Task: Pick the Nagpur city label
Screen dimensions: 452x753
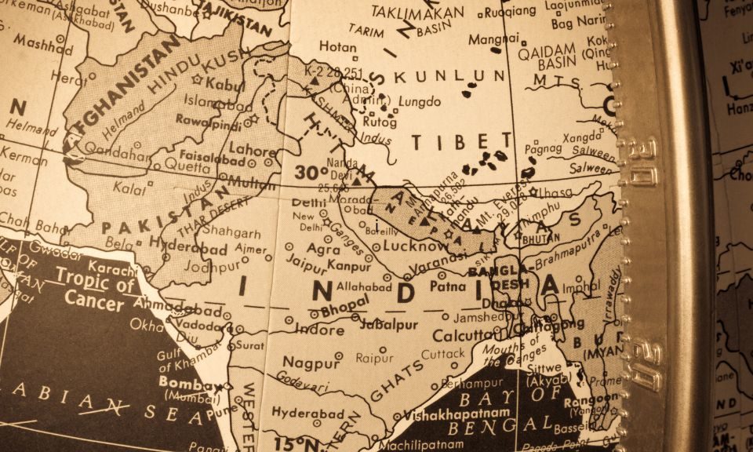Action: point(311,362)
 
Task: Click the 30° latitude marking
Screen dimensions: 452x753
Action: point(311,172)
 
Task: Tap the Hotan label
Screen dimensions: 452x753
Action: point(337,47)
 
